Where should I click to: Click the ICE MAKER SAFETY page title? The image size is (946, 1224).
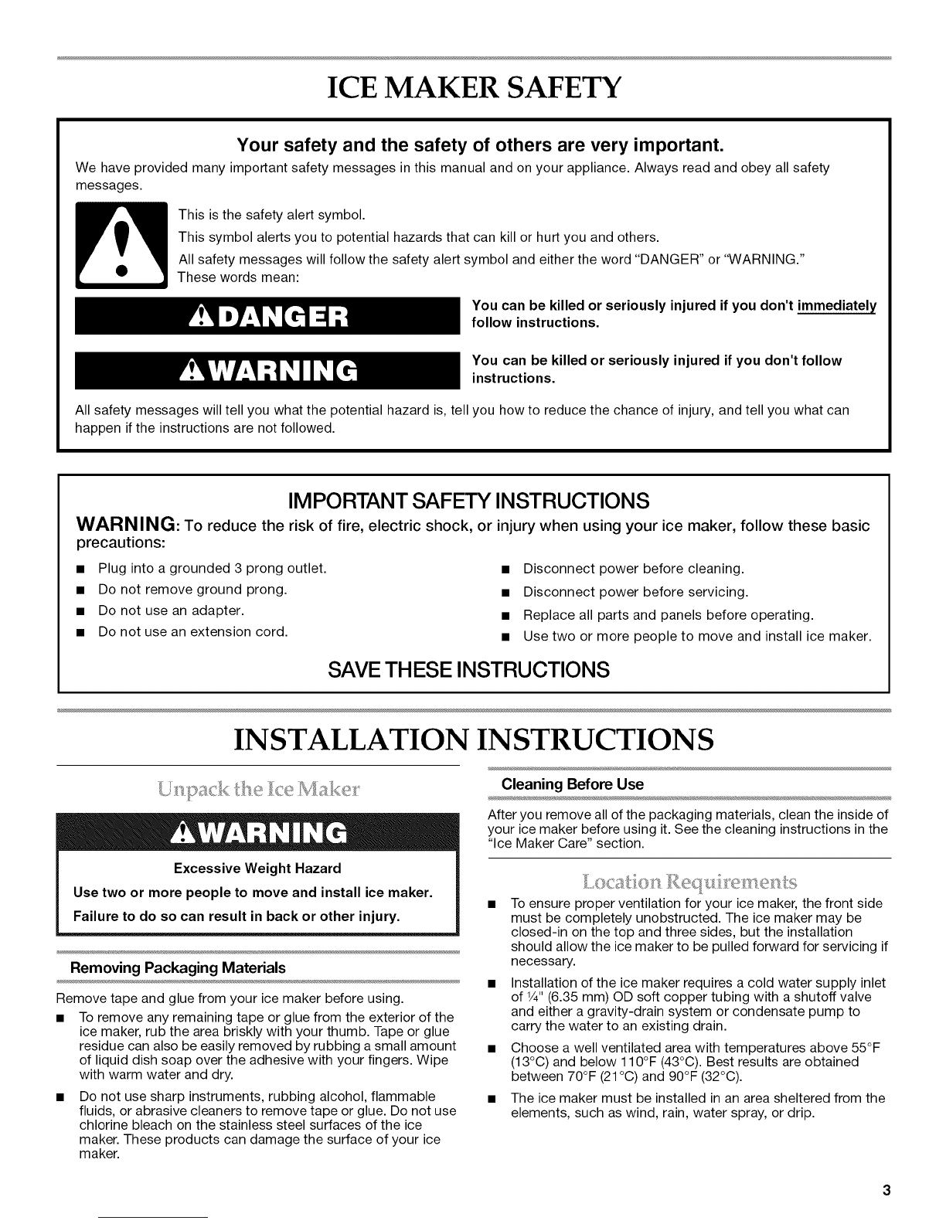[472, 91]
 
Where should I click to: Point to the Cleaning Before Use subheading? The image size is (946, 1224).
[573, 784]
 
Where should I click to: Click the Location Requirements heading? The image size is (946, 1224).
[689, 882]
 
